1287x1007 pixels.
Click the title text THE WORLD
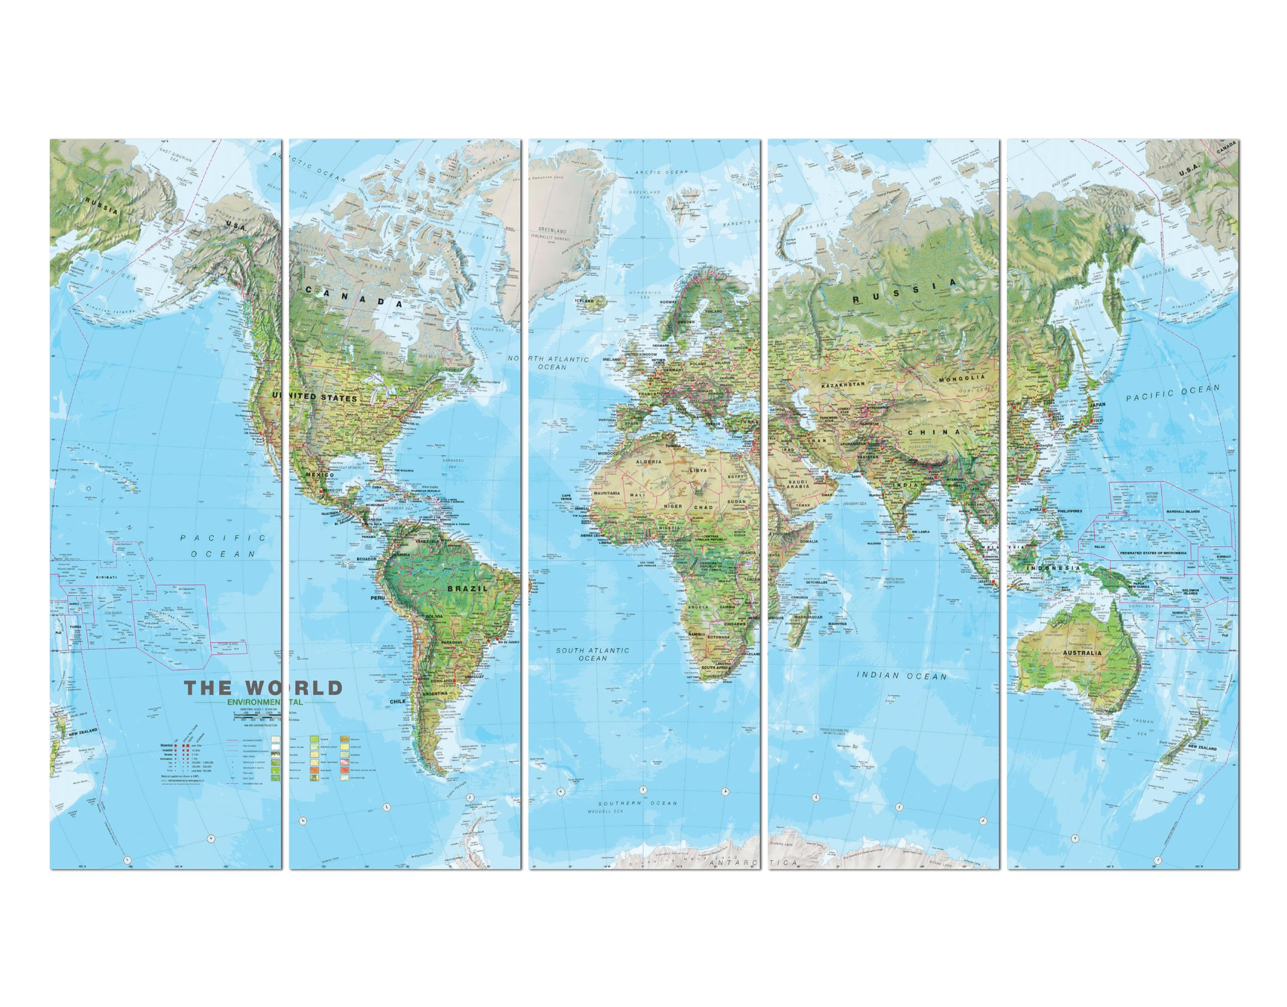point(263,687)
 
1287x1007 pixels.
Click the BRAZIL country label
point(467,588)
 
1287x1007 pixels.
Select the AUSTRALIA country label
point(1082,653)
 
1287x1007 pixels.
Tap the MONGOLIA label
point(961,378)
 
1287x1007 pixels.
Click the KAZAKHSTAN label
point(843,384)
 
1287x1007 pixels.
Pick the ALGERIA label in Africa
point(648,462)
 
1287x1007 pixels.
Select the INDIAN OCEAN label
point(901,676)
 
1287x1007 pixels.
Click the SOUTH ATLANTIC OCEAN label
point(593,654)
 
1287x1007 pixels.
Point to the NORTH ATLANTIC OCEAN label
point(551,363)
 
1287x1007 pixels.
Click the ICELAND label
point(585,300)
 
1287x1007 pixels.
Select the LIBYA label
point(698,470)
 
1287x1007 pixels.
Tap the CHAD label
point(703,507)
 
